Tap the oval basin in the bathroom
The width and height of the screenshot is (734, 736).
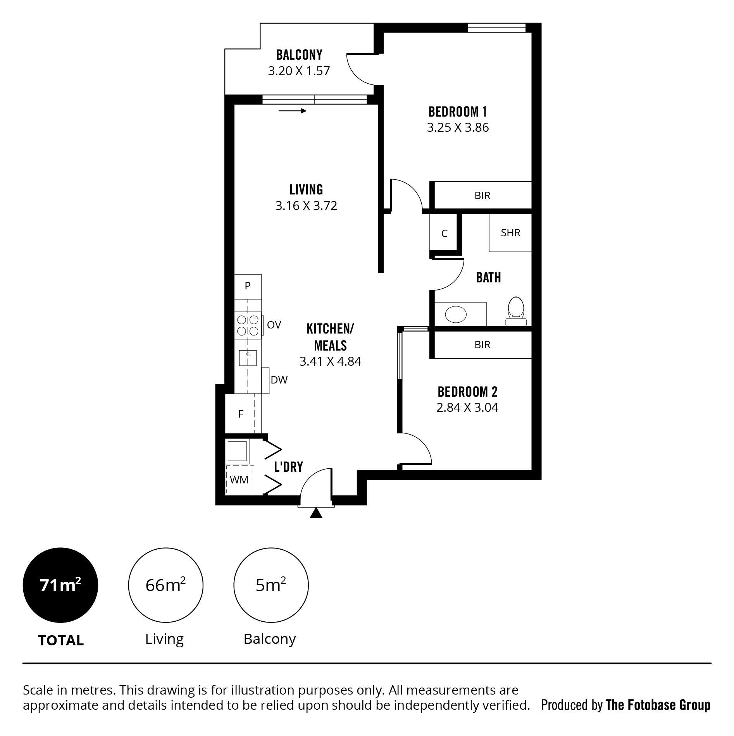coord(456,314)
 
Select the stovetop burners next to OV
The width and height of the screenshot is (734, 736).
coord(248,325)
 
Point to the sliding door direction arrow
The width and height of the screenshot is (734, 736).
coord(293,111)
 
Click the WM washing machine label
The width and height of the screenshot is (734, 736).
coord(239,480)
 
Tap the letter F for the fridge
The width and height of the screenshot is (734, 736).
coord(241,414)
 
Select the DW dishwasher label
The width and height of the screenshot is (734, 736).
coord(279,380)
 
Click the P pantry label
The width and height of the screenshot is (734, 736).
coord(248,286)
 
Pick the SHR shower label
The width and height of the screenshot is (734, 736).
coord(510,233)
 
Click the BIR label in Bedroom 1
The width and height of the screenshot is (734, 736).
coord(482,196)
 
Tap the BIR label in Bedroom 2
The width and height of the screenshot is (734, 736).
coord(482,345)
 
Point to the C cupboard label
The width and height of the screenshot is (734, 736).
coord(445,234)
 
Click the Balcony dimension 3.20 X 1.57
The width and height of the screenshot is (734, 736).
coord(299,71)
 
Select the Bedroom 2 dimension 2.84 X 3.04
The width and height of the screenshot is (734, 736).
coord(467,408)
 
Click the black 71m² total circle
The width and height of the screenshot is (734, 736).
coord(60,585)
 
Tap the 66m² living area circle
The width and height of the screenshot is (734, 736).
coord(165,585)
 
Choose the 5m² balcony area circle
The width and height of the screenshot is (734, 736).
coord(271,585)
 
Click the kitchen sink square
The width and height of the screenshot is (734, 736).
coord(248,358)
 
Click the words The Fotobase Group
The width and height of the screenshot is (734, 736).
coord(658,705)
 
